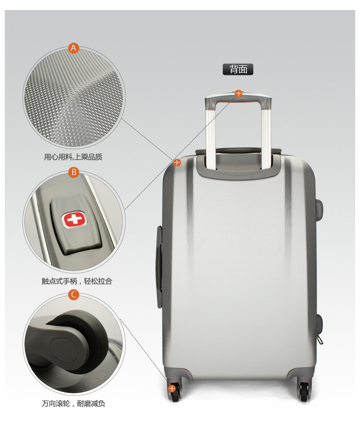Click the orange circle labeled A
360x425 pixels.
click(73, 48)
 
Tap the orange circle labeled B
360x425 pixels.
click(73, 172)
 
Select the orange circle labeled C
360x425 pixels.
click(73, 295)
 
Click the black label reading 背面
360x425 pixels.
click(238, 69)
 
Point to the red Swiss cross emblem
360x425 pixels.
click(74, 219)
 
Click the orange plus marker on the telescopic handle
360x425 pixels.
click(239, 94)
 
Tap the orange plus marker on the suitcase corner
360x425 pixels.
click(177, 163)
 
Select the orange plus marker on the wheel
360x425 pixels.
click(172, 389)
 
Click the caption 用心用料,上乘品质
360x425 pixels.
click(73, 157)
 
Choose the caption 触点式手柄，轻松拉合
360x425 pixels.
click(77, 281)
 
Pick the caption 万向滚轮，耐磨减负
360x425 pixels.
click(73, 403)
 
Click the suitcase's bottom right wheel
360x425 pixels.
click(304, 392)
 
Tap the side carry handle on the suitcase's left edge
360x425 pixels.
click(159, 267)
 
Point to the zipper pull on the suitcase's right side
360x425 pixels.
click(320, 339)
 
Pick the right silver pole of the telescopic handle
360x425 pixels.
click(266, 136)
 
